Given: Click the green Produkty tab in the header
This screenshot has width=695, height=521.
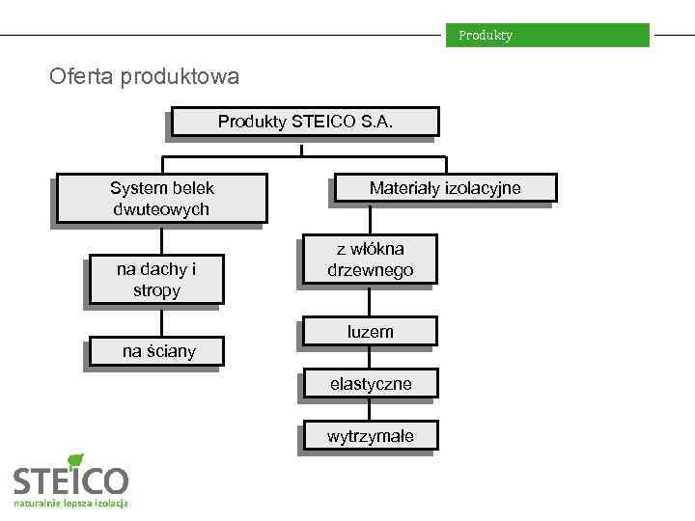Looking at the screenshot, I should click(546, 36).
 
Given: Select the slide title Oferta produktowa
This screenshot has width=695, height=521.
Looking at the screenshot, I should click(144, 75).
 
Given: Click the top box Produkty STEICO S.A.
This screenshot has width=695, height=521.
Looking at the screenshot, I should click(302, 122).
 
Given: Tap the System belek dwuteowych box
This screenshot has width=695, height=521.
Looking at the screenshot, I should click(161, 199).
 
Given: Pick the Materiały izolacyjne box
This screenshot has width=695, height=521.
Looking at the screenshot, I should click(444, 189).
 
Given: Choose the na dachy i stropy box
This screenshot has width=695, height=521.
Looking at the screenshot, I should click(155, 280).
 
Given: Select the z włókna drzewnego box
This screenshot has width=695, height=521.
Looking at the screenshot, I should click(370, 260).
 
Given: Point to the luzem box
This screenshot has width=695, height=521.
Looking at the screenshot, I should click(370, 332).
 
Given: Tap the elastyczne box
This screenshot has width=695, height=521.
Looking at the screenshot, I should click(370, 384).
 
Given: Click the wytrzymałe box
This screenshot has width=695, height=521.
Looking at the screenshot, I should click(370, 436).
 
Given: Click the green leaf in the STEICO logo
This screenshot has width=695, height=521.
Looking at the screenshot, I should click(76, 460).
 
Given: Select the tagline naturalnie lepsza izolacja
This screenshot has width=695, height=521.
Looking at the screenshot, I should click(71, 504).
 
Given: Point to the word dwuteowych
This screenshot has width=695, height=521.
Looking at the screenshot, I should click(161, 209).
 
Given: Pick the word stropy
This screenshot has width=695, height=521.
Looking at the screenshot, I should click(155, 290).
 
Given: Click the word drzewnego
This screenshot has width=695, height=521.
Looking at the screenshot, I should click(370, 271).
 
